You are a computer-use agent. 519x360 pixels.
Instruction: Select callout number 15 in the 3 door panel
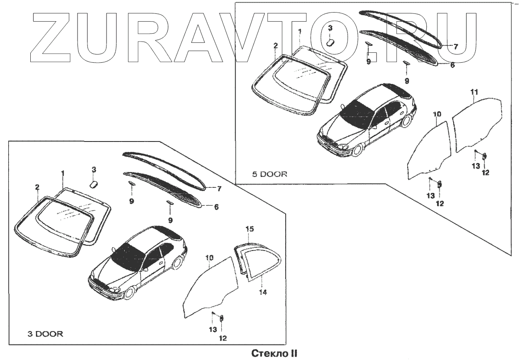point(249,228)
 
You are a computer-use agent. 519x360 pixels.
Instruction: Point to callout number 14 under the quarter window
point(263,292)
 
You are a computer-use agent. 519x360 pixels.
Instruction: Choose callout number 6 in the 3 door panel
point(216,207)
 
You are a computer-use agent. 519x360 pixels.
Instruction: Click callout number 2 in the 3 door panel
point(38,187)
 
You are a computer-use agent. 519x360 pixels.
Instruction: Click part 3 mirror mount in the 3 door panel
point(93,184)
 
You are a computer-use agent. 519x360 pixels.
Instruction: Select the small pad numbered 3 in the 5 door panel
point(330,42)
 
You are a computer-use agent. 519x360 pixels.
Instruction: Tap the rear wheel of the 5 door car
point(406,121)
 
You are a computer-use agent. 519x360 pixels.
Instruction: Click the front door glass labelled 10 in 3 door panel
point(208,286)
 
